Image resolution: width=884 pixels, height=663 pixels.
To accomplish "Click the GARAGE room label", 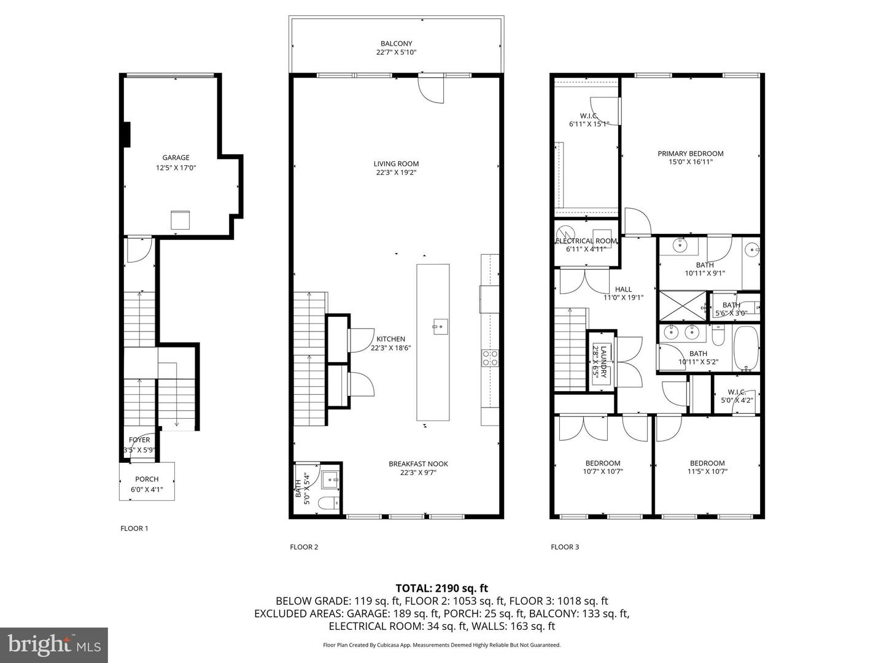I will pos(176,158).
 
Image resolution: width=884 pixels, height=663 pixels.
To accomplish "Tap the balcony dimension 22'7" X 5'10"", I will pos(396,53).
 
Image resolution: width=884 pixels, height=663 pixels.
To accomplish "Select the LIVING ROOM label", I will pos(396,163).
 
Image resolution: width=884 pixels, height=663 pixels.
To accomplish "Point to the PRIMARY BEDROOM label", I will pos(690,153).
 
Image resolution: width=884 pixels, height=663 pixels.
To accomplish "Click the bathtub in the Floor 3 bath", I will pos(746,349).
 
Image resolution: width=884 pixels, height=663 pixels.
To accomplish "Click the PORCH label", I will pos(147,479).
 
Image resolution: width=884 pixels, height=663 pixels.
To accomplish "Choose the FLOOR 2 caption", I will pos(304,547).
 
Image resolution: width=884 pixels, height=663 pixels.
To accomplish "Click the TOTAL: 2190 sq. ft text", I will pos(441,588).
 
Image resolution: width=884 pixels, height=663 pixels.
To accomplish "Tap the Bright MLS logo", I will pos(53,645).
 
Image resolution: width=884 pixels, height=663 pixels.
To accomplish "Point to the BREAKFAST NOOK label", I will pos(418,464).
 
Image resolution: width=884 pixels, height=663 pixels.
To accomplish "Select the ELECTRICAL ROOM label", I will pos(586,241).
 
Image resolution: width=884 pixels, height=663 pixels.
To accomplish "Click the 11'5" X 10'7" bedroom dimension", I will pos(707,472).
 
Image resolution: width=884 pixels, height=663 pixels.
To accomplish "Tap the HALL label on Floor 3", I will pos(623,289).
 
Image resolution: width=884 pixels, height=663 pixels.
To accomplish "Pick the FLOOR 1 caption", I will pos(134,529).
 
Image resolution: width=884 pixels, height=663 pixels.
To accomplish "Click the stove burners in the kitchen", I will pos(490,357).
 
